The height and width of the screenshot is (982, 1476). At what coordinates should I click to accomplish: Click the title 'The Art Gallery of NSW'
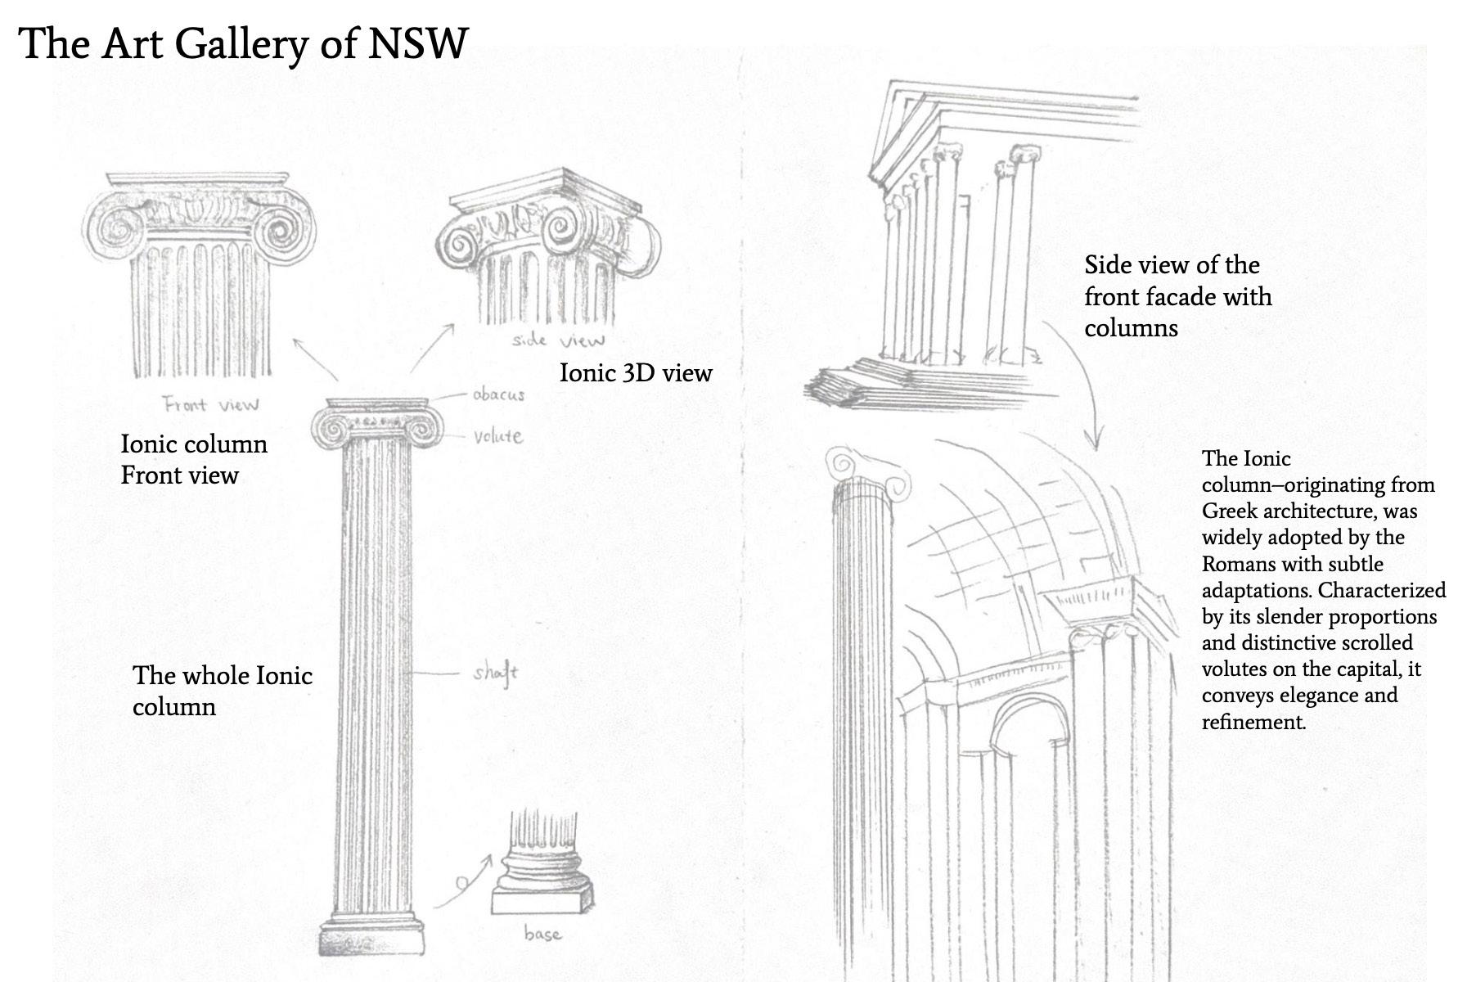point(243,43)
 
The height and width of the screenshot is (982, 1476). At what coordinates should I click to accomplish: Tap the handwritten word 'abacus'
point(497,394)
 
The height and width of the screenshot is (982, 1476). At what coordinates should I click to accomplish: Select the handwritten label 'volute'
point(497,436)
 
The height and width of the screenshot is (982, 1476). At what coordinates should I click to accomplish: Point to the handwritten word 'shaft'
point(495,673)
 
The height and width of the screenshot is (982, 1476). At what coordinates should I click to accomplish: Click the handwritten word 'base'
point(542,934)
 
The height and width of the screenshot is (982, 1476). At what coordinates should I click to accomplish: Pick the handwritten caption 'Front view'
point(210,404)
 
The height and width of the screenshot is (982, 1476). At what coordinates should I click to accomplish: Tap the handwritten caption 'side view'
point(558,340)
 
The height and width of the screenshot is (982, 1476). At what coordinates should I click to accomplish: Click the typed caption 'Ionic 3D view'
point(635,373)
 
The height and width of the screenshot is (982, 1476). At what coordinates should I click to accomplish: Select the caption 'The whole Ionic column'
point(222,691)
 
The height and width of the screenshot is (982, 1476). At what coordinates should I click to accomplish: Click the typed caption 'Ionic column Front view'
point(194,459)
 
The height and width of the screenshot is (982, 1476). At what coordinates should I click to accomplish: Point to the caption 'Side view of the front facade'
point(1177,296)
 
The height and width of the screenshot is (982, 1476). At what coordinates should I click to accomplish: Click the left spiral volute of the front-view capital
point(117,228)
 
